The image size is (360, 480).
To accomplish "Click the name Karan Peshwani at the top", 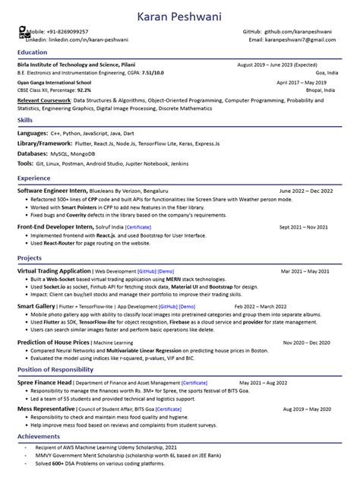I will click(179, 16).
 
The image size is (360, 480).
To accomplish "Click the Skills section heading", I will click(24, 120).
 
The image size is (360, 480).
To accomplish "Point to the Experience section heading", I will click(34, 178).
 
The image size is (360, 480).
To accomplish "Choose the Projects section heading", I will click(30, 258).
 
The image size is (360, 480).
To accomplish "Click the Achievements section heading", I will click(39, 437).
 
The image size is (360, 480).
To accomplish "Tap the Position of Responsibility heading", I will click(55, 369).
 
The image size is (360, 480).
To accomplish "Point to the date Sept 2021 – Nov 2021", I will click(303, 227).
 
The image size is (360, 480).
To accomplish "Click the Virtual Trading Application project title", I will click(54, 270).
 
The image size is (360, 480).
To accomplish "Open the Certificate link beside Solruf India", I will click(138, 227).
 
